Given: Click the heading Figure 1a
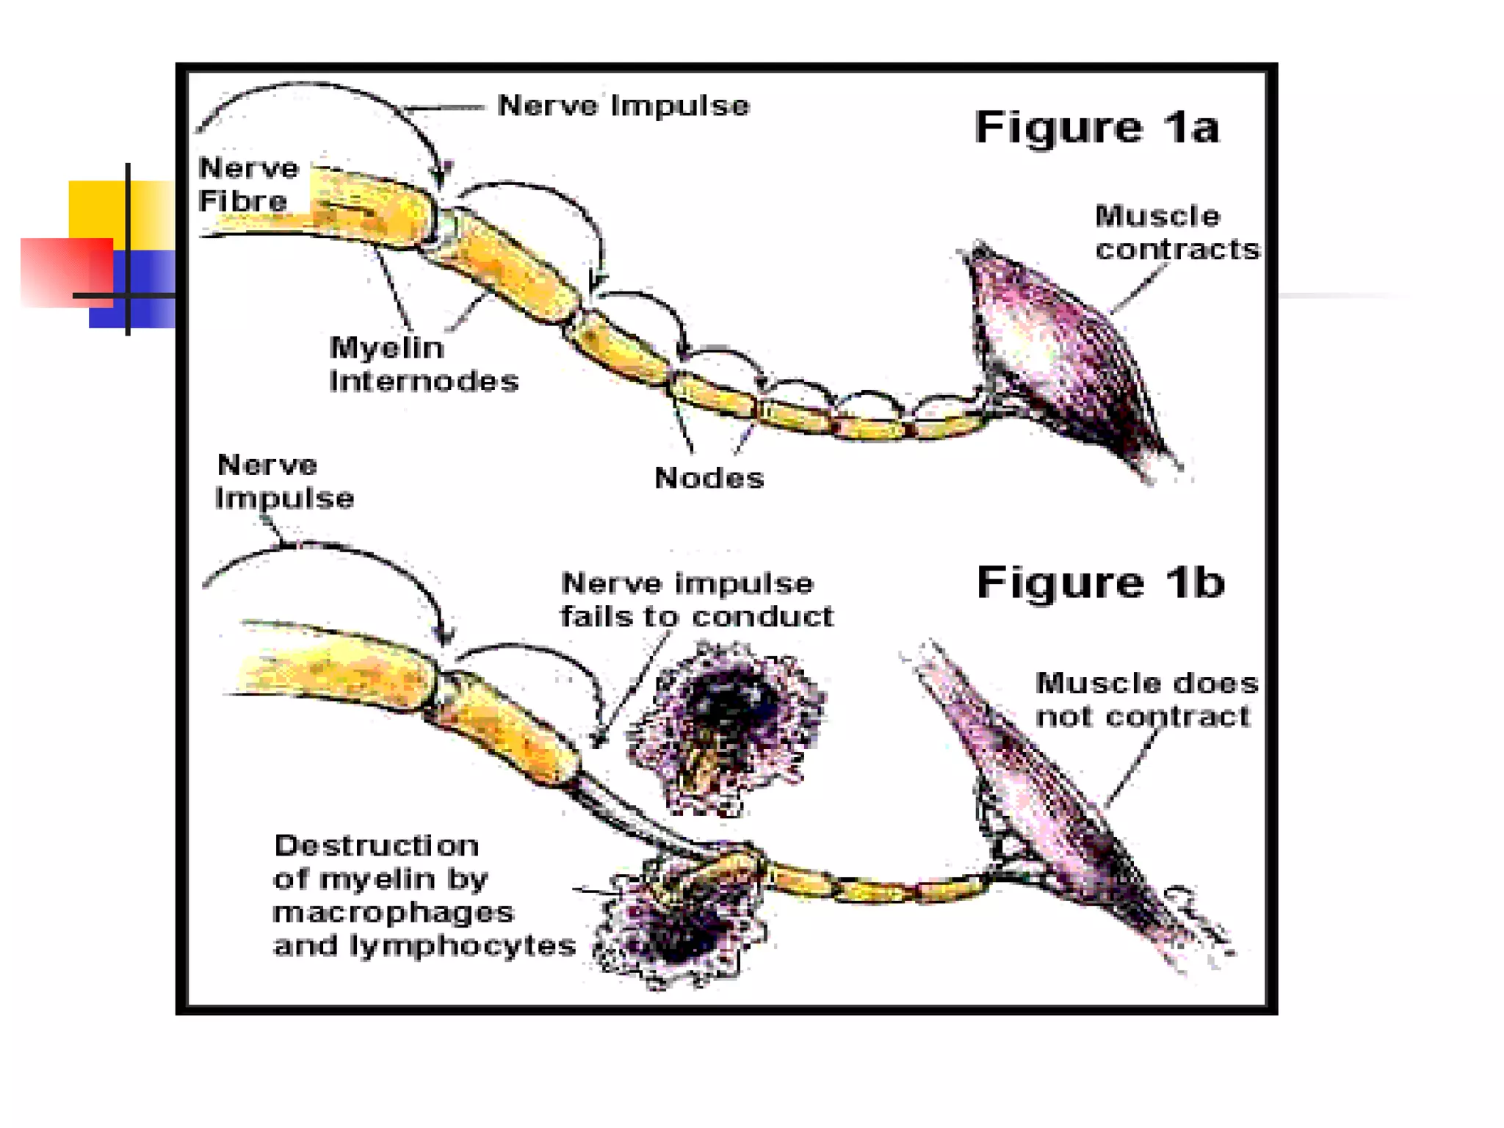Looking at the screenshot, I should (1096, 127).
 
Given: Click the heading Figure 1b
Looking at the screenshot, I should (1100, 582).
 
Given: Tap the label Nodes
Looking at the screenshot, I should (709, 478).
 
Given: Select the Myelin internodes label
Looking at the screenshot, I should (423, 364).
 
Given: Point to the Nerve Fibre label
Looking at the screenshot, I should (248, 184).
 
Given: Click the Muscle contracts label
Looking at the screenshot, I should (1176, 233).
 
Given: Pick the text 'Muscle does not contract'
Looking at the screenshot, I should (1146, 699).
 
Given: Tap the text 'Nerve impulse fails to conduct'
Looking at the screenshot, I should (696, 600).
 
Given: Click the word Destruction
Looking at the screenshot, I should (376, 845).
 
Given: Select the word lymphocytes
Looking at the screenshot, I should (463, 945).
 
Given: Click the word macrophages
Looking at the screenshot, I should (393, 912).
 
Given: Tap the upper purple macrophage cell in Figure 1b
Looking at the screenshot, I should (727, 727).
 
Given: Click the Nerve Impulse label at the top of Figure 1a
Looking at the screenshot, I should (623, 106).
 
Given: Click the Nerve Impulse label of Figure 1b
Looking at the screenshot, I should (284, 482).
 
